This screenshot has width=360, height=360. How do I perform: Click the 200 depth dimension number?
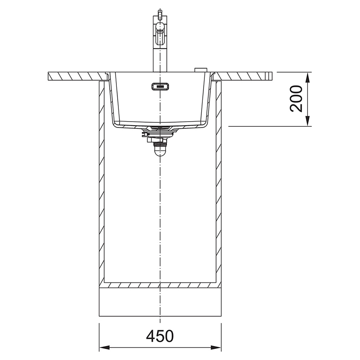[x=296, y=98]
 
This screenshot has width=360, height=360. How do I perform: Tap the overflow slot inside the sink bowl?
[x=160, y=86]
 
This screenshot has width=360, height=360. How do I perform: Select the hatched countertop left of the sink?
[x=76, y=75]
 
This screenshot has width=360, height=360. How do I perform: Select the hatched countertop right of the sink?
[x=244, y=75]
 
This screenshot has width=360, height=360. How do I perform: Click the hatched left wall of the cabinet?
[x=102, y=180]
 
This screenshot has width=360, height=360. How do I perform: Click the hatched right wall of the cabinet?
[x=219, y=180]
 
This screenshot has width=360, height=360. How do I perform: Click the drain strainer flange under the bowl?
[x=160, y=129]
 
